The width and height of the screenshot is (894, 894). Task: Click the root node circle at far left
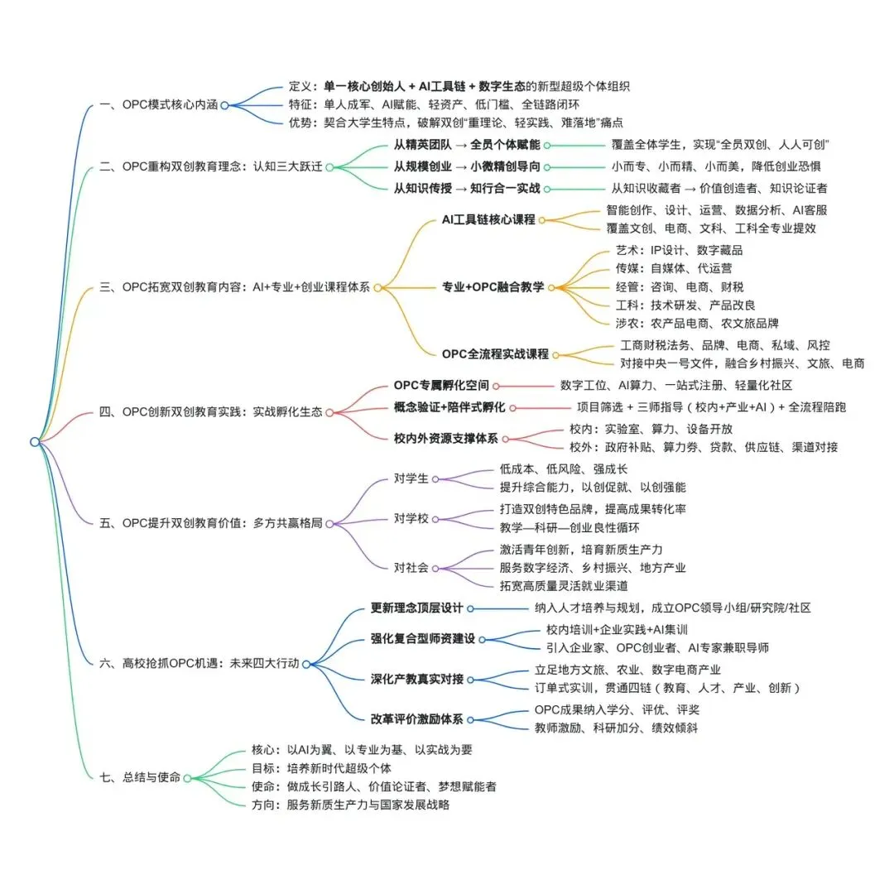[x=35, y=442]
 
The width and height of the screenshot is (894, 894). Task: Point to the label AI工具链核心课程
[x=488, y=219]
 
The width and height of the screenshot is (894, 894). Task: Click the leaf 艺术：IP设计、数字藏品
[x=678, y=250]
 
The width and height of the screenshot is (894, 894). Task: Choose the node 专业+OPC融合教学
[x=493, y=287]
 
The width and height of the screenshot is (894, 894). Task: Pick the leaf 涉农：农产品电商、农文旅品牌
[x=696, y=323]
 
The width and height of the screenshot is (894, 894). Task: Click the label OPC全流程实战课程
[x=494, y=354]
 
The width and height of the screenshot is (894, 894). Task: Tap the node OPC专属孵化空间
[x=441, y=385]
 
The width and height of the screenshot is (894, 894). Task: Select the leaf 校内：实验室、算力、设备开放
[x=650, y=429]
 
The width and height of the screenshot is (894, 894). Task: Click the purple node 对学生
[x=412, y=478]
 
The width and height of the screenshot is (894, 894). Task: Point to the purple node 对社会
[x=412, y=567]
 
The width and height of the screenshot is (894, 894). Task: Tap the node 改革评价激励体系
[x=416, y=719]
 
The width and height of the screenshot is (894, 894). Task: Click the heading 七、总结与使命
[x=141, y=777]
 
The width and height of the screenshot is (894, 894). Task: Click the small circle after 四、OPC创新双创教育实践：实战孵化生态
[x=329, y=411]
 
